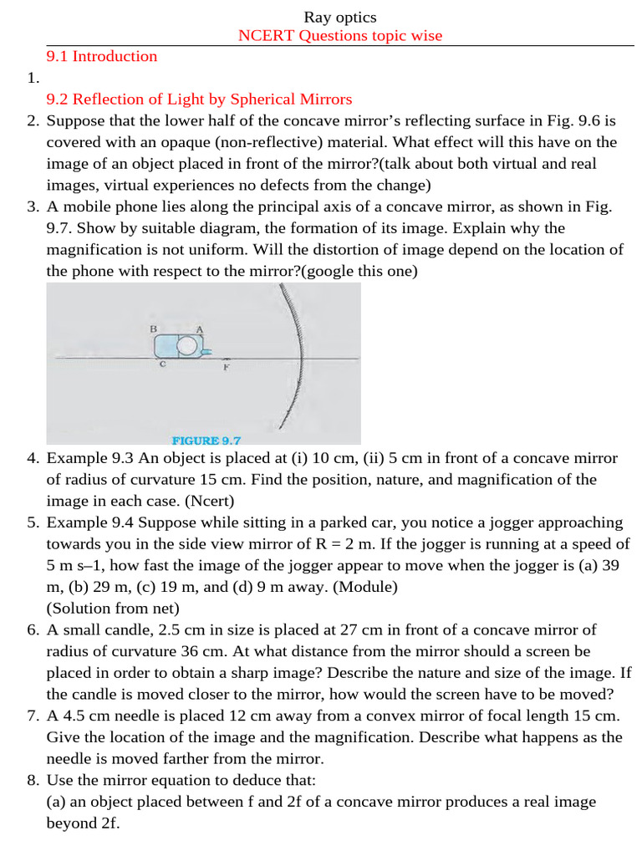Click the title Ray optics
pos(339,17)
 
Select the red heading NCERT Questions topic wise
pos(339,35)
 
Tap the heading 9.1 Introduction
pos(101,57)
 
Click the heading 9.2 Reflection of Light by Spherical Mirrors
pos(199,99)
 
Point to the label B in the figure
pos(154,329)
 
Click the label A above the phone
pos(200,329)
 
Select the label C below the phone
pos(162,364)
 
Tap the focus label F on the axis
pos(226,367)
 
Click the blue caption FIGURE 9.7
pos(206,440)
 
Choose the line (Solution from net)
pos(113,609)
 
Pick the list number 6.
pos(33,629)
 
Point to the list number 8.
pos(33,780)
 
